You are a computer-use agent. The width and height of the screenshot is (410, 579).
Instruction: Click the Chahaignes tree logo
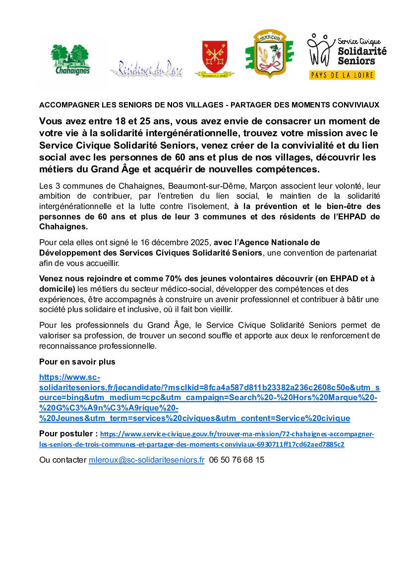(70, 59)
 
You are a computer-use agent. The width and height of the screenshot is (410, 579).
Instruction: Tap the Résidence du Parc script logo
(146, 69)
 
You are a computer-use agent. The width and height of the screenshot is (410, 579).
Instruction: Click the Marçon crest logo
(269, 53)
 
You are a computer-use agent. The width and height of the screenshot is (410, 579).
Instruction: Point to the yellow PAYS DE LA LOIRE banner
(342, 75)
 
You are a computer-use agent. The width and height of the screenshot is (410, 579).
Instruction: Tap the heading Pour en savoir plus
(77, 362)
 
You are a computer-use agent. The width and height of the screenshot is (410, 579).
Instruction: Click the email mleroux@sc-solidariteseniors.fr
(146, 460)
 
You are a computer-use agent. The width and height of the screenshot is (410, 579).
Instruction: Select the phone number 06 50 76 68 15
(237, 460)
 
